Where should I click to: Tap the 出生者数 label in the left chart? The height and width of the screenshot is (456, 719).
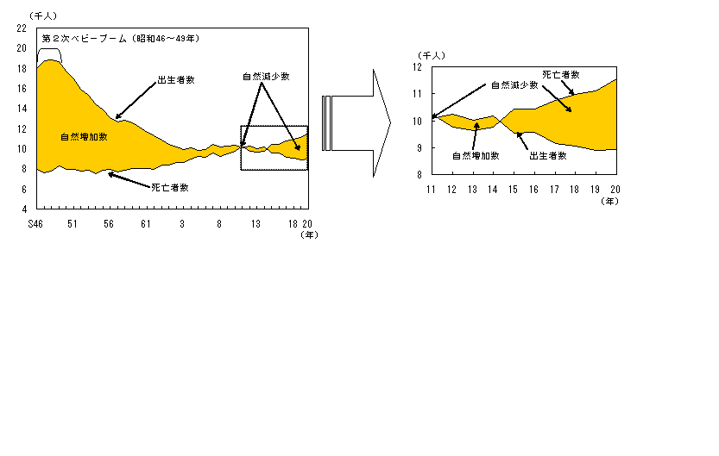click(175, 79)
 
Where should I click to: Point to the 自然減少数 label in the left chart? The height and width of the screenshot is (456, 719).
click(265, 76)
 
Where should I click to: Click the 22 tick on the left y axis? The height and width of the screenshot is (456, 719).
click(22, 28)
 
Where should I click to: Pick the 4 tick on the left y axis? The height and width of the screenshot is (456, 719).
click(24, 209)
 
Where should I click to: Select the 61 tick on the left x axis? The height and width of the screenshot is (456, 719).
click(146, 223)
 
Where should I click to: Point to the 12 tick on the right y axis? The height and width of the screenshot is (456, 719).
click(419, 66)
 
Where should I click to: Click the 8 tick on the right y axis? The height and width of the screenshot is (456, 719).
click(421, 174)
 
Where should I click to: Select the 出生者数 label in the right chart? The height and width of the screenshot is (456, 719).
click(548, 156)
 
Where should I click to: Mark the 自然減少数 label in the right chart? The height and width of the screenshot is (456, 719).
click(514, 84)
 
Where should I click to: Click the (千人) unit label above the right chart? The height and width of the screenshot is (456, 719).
click(430, 54)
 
